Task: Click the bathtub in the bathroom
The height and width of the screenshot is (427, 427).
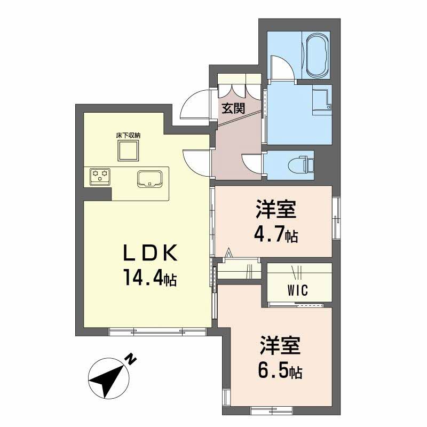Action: click(315, 56)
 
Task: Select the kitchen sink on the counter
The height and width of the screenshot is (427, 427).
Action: click(151, 179)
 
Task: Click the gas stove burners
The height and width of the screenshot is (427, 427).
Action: click(99, 175)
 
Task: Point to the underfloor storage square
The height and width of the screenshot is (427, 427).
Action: click(128, 151)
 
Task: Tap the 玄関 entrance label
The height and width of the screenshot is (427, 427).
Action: click(233, 109)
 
